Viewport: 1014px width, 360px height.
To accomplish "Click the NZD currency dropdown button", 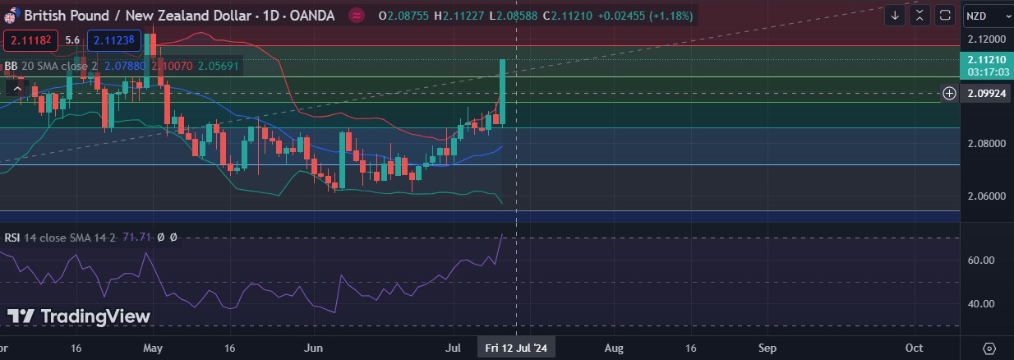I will click(x=985, y=16).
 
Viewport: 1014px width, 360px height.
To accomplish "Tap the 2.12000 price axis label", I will click(x=986, y=39).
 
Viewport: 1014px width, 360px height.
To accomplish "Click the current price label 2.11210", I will click(x=986, y=60).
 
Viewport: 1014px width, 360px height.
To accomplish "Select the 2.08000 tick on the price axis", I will click(x=986, y=143).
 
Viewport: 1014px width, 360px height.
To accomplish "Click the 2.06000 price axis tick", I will click(x=986, y=196).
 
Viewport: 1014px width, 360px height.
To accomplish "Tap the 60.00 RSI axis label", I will click(x=982, y=260).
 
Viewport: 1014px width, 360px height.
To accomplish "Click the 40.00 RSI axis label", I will click(x=982, y=304).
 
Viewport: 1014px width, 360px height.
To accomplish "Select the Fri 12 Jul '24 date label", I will click(x=516, y=348).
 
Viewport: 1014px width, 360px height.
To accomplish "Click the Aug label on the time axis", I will click(x=613, y=348).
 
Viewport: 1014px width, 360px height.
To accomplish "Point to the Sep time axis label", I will click(x=767, y=348).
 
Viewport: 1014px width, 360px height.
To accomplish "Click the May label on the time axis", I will click(x=153, y=348).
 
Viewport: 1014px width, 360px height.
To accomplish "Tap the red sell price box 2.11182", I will click(x=30, y=39).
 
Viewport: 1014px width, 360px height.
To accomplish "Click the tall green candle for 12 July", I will click(x=502, y=90).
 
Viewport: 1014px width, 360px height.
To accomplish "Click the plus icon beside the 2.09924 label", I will click(x=949, y=93).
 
